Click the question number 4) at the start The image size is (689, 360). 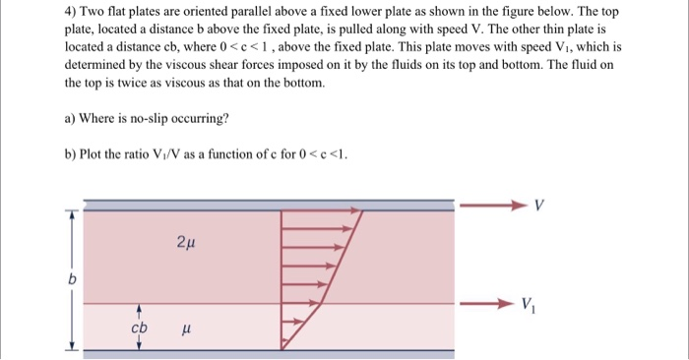point(70,12)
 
